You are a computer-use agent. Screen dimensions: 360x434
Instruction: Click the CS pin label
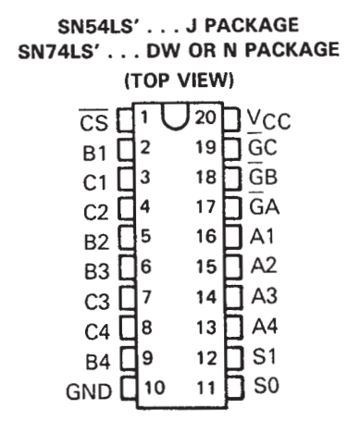tap(94, 120)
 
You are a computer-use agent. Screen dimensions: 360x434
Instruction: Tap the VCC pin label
tap(269, 119)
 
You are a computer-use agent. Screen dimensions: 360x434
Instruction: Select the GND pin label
tap(89, 391)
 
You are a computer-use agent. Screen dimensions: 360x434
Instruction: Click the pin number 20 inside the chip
tap(205, 118)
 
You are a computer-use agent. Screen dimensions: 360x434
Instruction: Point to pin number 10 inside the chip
tap(155, 388)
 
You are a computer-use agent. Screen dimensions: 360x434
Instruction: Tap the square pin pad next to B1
tap(126, 150)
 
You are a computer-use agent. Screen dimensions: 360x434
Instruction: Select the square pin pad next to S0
tap(235, 388)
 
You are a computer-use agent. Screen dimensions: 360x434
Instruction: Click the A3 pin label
tap(265, 295)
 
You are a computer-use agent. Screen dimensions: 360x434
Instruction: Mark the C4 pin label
tap(97, 331)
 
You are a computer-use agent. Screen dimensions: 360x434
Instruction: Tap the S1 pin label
tap(264, 355)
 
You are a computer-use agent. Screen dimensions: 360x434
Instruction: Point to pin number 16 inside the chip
tap(206, 236)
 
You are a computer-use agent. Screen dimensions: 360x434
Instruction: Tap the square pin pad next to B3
tap(128, 267)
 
